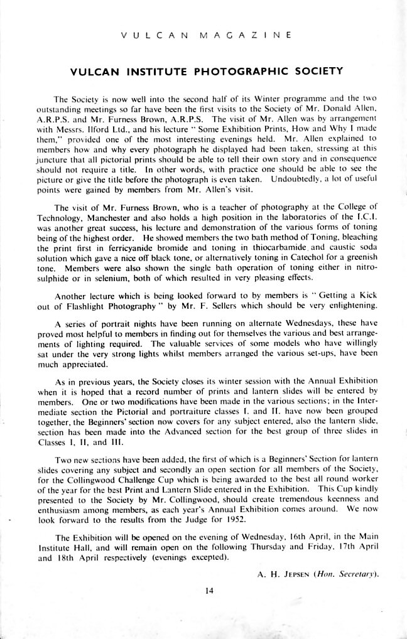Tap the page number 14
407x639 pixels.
pyautogui.click(x=203, y=588)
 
